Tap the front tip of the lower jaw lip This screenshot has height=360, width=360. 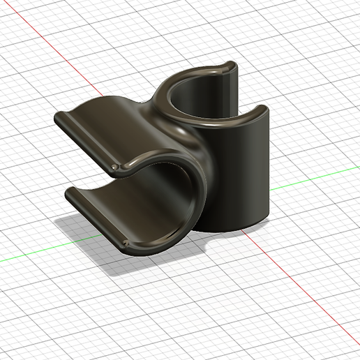pos(126,242)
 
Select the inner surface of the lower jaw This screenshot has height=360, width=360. pos(119,209)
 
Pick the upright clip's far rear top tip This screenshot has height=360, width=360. pos(231,65)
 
